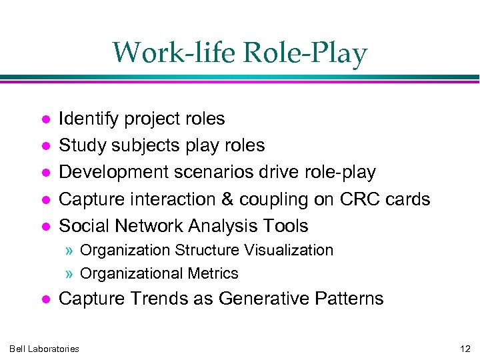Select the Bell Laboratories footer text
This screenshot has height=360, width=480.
click(x=45, y=349)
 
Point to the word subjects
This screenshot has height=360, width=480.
click(x=133, y=146)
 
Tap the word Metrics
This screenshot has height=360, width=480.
click(x=213, y=273)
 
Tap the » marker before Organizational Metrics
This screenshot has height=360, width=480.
click(x=70, y=273)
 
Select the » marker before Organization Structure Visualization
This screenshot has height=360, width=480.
click(x=70, y=251)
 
